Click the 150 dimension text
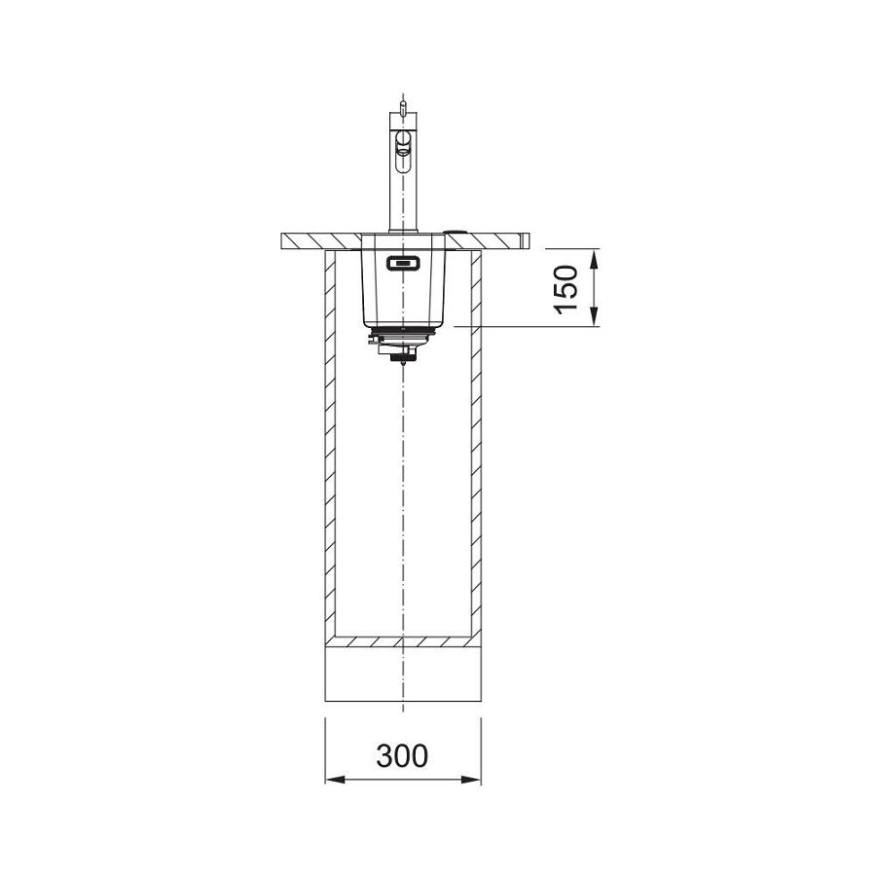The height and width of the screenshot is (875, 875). click(568, 287)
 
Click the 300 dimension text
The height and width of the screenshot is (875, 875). click(402, 754)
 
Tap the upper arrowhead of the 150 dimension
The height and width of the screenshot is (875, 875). click(594, 255)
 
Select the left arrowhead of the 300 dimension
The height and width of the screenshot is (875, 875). click(332, 780)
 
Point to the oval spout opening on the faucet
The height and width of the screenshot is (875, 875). click(401, 148)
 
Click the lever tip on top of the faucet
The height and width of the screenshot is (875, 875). click(401, 100)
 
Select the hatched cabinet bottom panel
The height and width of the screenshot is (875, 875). click(402, 642)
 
